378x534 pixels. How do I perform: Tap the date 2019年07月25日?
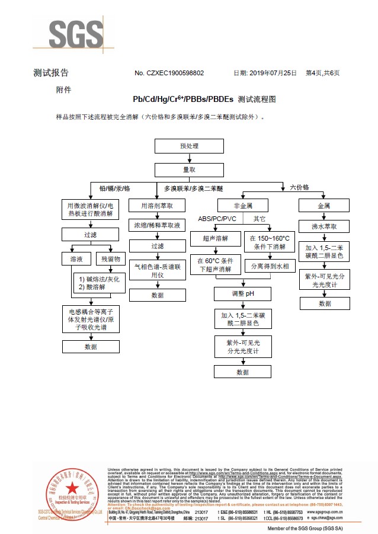point(272,73)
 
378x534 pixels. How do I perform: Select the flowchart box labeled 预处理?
point(189,146)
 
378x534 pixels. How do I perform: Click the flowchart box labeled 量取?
point(189,170)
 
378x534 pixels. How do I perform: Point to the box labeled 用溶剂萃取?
point(157,206)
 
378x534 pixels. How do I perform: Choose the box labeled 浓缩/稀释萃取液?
point(157,226)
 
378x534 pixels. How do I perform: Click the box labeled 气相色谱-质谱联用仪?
point(157,271)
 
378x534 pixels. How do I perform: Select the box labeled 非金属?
point(242,206)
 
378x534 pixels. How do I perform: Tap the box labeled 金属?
point(324,206)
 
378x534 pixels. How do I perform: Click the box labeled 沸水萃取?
point(324,226)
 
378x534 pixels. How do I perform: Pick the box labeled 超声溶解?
point(213,238)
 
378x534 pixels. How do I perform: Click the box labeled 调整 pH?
point(242,293)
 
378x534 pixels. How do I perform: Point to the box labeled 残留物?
point(110,259)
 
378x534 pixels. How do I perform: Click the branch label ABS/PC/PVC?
point(217,219)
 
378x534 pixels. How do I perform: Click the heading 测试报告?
point(51,73)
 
